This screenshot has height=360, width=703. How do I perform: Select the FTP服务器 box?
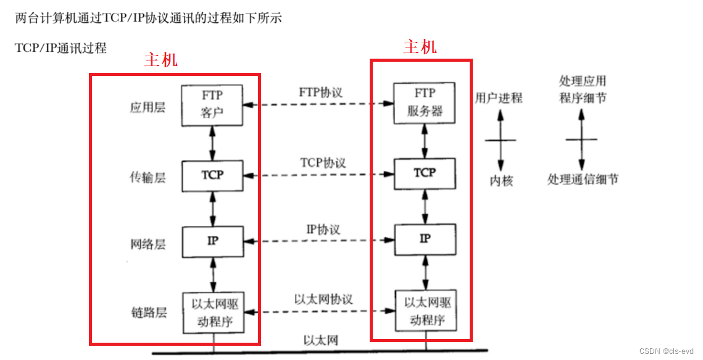(x=425, y=103)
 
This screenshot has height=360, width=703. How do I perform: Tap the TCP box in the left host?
(x=212, y=175)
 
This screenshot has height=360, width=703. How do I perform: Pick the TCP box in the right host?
(x=425, y=174)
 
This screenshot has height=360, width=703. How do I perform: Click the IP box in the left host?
(x=212, y=240)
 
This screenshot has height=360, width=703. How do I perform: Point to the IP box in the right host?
(x=425, y=239)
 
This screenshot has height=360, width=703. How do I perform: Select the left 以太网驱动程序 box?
(x=212, y=312)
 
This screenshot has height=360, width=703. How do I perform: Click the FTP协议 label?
(x=320, y=93)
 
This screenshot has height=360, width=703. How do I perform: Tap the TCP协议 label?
(x=323, y=163)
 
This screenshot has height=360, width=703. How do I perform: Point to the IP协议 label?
(x=323, y=229)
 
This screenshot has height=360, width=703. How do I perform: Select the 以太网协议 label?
(x=323, y=299)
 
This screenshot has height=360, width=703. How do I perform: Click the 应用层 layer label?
(x=148, y=108)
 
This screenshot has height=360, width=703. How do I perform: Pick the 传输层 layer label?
(x=148, y=178)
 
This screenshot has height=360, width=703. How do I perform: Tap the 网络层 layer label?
(x=148, y=244)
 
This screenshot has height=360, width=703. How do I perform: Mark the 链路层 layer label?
(x=148, y=312)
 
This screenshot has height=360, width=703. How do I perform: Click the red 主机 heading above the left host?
(x=160, y=60)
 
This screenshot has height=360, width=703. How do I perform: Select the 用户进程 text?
(x=499, y=98)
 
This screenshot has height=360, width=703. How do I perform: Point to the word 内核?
(x=501, y=181)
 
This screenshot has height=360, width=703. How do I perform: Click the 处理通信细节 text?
(x=583, y=180)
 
